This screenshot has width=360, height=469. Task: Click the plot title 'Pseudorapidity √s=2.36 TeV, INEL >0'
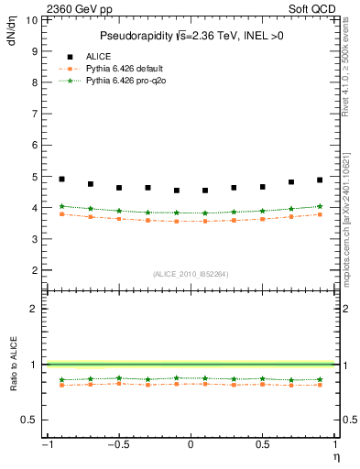(191, 36)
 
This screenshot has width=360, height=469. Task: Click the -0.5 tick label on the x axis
(116, 445)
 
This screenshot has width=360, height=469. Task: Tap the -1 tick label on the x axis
(45, 445)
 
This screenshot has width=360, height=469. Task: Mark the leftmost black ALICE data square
(61, 179)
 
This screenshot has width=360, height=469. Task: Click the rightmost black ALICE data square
(320, 180)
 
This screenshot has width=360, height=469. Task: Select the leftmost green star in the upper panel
(61, 206)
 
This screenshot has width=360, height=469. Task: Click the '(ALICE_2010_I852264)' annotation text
(191, 273)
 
